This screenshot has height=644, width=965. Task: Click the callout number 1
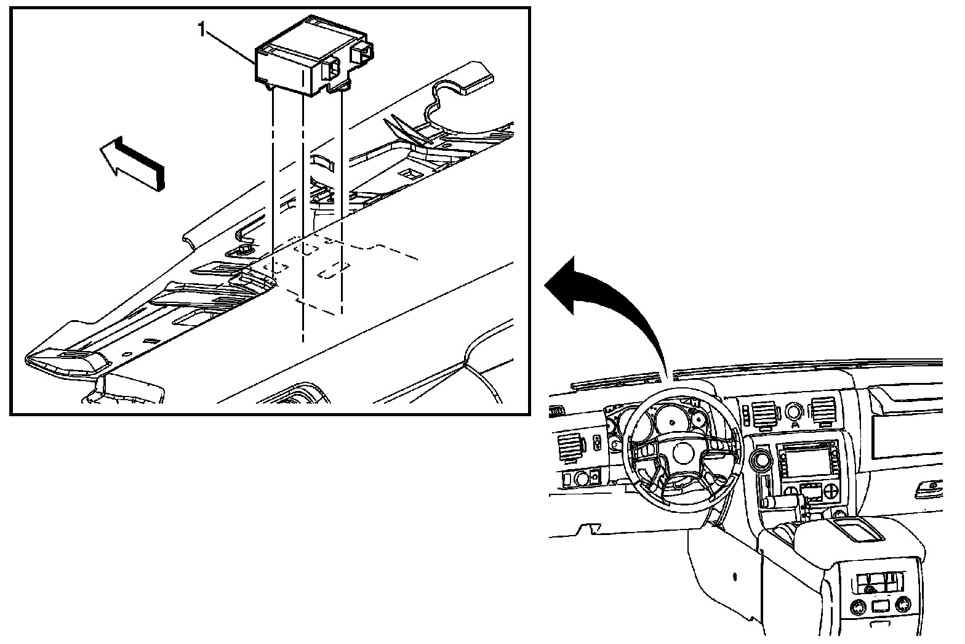click(x=201, y=30)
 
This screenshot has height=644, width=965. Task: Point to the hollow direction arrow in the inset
click(x=132, y=163)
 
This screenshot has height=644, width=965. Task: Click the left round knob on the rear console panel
click(x=858, y=608)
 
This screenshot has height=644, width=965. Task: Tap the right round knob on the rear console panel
click(x=902, y=604)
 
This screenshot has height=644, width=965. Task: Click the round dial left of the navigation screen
click(x=761, y=460)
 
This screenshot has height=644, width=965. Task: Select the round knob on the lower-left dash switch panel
click(x=581, y=478)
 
